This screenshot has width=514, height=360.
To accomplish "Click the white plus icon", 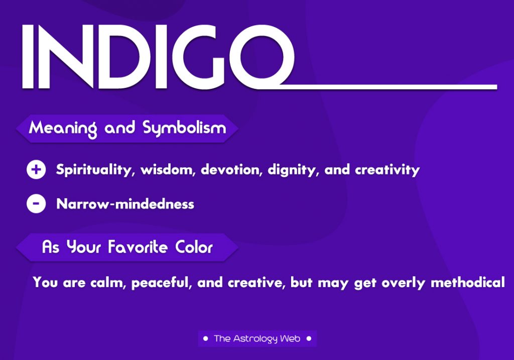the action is [x=36, y=170].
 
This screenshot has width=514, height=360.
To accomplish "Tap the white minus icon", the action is [x=36, y=204].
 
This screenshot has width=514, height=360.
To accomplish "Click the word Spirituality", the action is [x=93, y=170].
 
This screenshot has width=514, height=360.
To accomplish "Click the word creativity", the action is [x=387, y=170].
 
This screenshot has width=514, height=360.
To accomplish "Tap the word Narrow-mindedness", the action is [x=125, y=204].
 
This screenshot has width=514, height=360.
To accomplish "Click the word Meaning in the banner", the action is [x=63, y=128].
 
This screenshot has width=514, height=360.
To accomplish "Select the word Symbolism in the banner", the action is [x=184, y=128].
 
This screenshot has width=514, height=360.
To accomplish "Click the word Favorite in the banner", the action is [x=138, y=247].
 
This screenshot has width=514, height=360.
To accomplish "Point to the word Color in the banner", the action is [x=194, y=247].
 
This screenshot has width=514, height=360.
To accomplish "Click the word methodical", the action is [x=468, y=282].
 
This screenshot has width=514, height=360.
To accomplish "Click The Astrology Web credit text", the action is [x=257, y=339].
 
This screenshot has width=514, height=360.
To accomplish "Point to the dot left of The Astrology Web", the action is [x=205, y=338].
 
